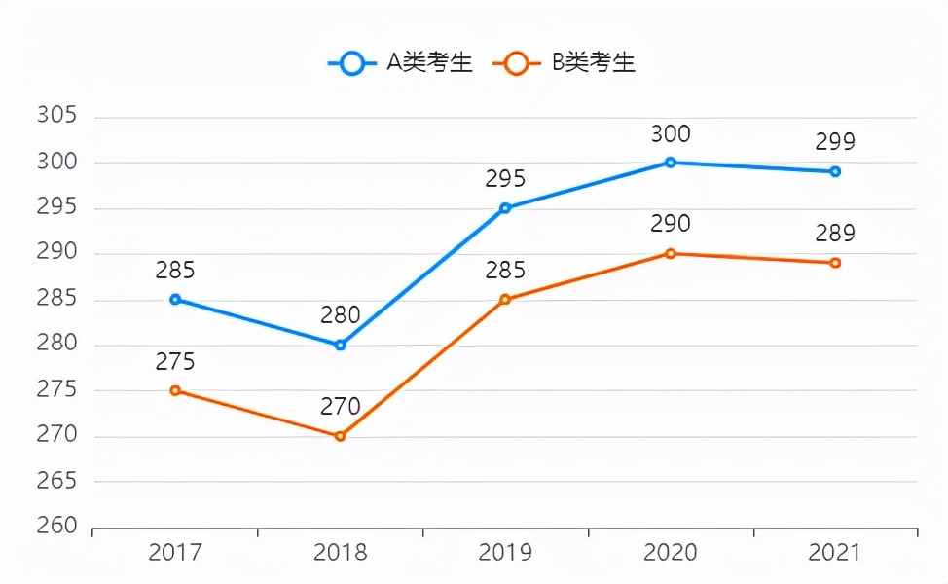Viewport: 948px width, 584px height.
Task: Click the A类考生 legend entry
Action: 401,63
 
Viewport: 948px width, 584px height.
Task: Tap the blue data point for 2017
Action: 175,299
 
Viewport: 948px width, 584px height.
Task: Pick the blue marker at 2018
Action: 340,345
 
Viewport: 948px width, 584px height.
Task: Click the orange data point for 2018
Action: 340,436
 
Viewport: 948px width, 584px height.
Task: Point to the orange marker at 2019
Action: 505,299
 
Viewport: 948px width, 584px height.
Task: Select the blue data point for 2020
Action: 671,163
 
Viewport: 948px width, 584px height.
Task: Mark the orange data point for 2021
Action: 835,263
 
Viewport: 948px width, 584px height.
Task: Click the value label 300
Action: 671,134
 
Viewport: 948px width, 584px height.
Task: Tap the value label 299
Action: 835,142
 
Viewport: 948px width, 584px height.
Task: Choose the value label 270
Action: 340,407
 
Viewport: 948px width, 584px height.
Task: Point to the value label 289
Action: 835,234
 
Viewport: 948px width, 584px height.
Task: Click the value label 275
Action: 175,362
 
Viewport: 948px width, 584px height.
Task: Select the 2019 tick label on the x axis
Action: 505,553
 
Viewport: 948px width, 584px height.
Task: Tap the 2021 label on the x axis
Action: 835,553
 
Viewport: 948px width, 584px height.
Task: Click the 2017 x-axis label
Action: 175,553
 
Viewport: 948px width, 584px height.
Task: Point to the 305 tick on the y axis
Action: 56,116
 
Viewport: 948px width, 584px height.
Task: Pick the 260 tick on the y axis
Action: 56,527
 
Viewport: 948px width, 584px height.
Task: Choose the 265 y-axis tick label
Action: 56,481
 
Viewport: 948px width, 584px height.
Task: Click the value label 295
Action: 505,179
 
